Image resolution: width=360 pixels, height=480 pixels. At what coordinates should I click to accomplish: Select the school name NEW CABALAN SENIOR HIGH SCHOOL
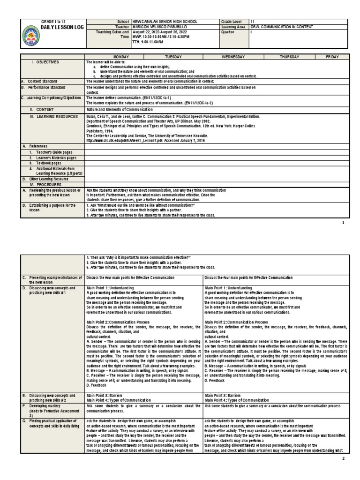pyautogui.click(x=165, y=22)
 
